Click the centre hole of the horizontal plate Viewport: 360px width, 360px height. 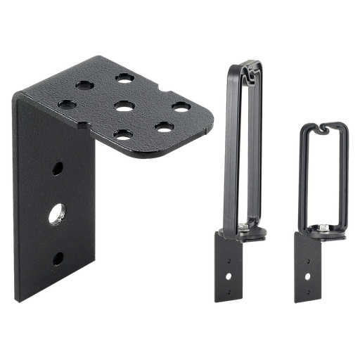(x=124, y=106)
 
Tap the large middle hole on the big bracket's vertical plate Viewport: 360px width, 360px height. (x=56, y=213)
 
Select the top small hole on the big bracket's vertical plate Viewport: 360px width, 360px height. (x=58, y=169)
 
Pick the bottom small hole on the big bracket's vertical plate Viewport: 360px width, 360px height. (x=58, y=258)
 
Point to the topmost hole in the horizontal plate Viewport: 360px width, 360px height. (x=125, y=77)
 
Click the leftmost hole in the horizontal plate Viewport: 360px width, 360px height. (x=67, y=104)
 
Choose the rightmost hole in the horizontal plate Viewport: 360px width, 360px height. (x=181, y=107)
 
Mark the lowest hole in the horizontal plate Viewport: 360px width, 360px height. (x=124, y=134)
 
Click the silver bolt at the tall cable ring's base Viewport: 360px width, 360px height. (x=243, y=226)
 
